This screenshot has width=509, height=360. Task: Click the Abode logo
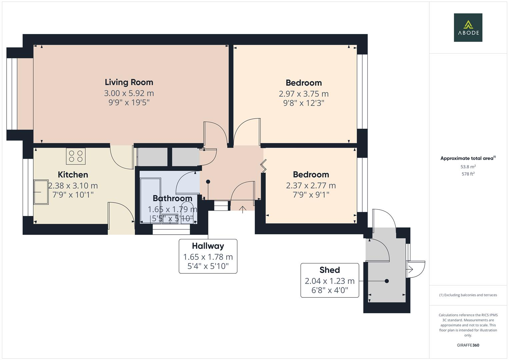point(468,27)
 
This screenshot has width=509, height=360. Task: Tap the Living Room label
point(129,82)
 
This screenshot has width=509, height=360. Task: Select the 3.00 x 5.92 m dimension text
point(129,93)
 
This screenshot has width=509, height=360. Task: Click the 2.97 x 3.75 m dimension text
point(304,94)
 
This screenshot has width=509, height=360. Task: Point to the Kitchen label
point(73,175)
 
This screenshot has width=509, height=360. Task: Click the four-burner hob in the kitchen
point(76,156)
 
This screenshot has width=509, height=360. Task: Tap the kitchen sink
point(41,192)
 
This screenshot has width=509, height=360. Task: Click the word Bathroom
point(172,198)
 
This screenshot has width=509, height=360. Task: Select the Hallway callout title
point(208,246)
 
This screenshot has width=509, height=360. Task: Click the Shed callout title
point(330,270)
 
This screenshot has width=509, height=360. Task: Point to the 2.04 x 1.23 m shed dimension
point(330,281)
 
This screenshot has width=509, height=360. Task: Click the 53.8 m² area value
point(468,167)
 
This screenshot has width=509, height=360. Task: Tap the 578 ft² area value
point(468,174)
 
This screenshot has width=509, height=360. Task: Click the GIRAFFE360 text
point(468,345)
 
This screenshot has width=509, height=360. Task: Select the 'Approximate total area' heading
point(468,158)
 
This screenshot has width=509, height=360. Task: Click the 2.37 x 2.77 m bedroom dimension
point(311,186)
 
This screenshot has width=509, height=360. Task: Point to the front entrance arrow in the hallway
point(243,210)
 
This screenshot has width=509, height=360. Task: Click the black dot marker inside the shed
point(387,281)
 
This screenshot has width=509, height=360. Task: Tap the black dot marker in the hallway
point(208,182)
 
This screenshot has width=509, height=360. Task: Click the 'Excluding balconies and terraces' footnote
point(468,295)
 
